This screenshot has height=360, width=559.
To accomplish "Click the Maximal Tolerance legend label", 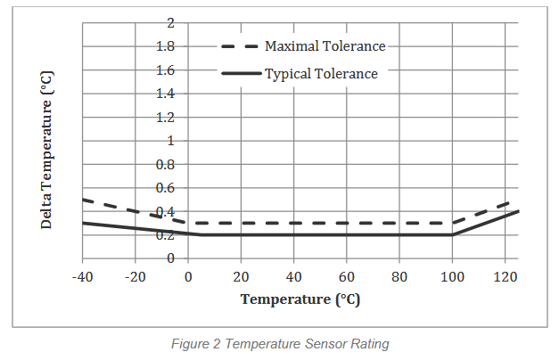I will click(x=325, y=46).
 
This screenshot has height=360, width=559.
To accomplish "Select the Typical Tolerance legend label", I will click(x=321, y=74).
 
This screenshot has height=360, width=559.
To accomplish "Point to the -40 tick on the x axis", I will click(x=82, y=277).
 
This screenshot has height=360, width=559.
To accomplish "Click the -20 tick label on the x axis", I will click(x=135, y=277).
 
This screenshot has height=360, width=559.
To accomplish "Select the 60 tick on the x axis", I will click(x=347, y=277).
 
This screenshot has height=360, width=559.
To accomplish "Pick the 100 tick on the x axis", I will click(x=452, y=277).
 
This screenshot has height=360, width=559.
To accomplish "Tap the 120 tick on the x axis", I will click(x=506, y=277).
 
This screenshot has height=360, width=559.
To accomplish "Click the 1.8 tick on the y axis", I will click(x=164, y=46).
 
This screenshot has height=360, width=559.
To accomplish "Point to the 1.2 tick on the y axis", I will click(x=164, y=117).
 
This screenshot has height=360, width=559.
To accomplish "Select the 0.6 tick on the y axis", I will click(x=164, y=188).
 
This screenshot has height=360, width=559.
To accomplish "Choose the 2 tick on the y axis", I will click(x=169, y=22).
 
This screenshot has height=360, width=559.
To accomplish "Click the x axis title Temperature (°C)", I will click(x=300, y=299).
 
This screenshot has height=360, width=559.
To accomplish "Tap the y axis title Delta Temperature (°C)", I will click(x=47, y=149).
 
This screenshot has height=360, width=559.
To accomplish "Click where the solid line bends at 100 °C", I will click(x=452, y=234).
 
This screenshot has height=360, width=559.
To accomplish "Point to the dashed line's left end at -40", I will click(x=83, y=200).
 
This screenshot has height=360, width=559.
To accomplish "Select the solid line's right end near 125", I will click(x=518, y=211).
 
